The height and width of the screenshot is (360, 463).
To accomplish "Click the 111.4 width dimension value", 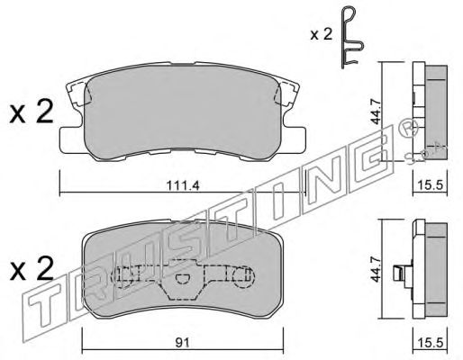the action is tap(183, 186).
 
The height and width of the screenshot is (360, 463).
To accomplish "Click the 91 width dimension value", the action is tap(183, 343).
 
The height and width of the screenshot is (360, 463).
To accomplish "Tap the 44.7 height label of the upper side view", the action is tap(376, 112).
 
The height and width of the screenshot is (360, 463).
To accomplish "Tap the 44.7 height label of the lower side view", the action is tap(376, 269).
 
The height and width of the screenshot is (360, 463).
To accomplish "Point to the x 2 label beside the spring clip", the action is tap(322, 34).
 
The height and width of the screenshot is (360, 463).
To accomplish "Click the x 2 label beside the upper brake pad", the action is tap(32, 112).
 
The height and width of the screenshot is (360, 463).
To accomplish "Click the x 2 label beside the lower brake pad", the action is tap(32, 269).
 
